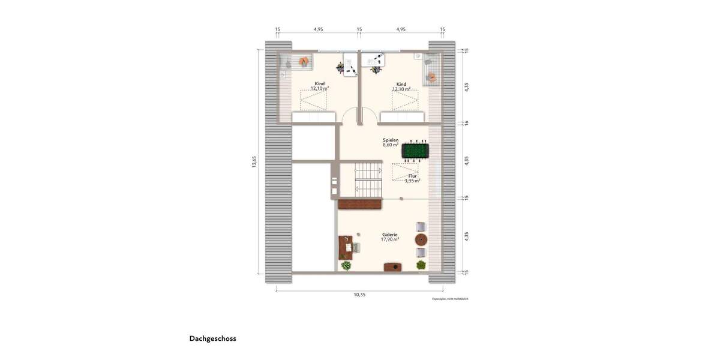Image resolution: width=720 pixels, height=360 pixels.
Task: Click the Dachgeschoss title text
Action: [213, 338]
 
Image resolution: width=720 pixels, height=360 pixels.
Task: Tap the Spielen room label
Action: [391, 140]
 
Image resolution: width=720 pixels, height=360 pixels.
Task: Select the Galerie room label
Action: [390, 235]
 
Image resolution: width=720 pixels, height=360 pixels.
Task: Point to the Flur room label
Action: [412, 176]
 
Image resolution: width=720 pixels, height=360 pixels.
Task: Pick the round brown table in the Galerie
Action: [421, 239]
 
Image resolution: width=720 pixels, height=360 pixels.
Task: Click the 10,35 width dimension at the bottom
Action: [359, 295]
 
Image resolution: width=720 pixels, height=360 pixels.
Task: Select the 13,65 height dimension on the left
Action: [254, 162]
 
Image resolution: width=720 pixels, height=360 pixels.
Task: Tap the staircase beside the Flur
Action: [368, 179]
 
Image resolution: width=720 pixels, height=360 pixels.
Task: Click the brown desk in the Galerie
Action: [346, 247]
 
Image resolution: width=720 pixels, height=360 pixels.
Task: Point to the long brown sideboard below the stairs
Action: [360, 204]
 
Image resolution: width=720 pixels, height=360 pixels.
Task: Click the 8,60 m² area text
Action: [391, 145]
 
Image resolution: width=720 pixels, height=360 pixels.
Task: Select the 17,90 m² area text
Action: [390, 239]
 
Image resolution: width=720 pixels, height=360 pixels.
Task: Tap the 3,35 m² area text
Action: [412, 180]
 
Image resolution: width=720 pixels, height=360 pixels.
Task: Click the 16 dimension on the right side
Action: [467, 122]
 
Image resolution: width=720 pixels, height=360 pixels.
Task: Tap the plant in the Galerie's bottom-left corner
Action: [346, 265]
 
